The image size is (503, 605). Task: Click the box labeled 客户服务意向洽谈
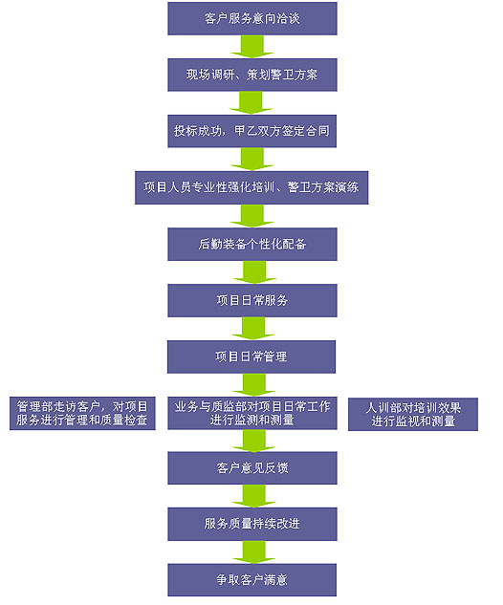pos(252,18)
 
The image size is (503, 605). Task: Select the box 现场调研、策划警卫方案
pos(252,75)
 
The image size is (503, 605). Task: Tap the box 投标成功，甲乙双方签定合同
pos(251,131)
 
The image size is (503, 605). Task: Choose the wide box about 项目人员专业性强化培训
pos(251,187)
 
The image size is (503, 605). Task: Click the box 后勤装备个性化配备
pos(252,245)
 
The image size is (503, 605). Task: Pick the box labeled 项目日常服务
pos(252,300)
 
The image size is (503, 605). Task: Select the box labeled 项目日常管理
pos(251,357)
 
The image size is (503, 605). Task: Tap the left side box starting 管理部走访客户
pos(82,413)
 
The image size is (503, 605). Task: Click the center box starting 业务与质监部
pos(252,413)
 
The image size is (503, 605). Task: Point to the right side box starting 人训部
pos(413,414)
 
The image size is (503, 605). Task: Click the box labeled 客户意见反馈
pos(252,468)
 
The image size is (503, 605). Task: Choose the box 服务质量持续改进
pos(252,524)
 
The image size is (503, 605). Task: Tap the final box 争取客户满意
pos(251,580)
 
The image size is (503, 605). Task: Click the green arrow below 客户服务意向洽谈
pos(252,47)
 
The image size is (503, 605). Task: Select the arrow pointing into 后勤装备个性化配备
pos(252,216)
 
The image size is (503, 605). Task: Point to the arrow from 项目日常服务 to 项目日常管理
pos(253,329)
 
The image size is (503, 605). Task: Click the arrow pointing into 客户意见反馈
pos(253,441)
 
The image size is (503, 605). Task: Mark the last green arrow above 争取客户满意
pos(253,552)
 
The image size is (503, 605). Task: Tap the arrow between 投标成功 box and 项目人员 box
pos(252,160)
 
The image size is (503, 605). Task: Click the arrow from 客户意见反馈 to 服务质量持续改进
pos(253,496)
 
